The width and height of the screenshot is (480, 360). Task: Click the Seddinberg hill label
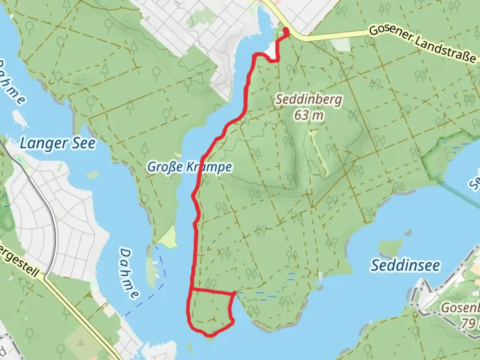point(309,99)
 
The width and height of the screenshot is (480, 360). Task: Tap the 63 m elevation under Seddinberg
point(309,115)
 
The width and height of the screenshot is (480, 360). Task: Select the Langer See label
point(57,143)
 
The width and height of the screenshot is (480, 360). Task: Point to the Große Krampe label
point(189,167)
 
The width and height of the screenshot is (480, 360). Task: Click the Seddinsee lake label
point(405,265)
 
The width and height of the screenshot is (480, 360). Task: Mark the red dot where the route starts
point(286,31)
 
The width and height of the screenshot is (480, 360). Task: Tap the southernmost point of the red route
point(209,334)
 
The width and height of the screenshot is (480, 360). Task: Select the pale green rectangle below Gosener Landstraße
point(341,45)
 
